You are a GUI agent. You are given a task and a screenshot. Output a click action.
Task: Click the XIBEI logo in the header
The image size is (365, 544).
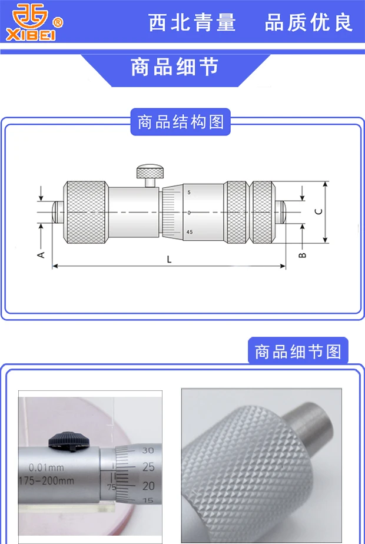pyautogui.click(x=33, y=22)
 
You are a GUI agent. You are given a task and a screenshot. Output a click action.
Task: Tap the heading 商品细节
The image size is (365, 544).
pyautogui.click(x=174, y=67)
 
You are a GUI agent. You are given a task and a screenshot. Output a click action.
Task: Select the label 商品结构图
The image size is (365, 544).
pyautogui.click(x=180, y=122)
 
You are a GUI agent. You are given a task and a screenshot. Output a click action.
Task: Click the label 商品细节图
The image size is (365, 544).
pyautogui.click(x=298, y=351)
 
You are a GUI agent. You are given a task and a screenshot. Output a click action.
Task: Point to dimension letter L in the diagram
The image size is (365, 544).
pyautogui.click(x=169, y=260)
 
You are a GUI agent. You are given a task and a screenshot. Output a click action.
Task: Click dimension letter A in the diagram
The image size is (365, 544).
pyautogui.click(x=41, y=254)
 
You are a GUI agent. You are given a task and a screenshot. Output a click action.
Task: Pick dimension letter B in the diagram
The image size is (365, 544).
pyautogui.click(x=302, y=255)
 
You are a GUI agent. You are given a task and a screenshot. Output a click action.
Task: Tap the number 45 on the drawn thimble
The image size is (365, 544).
pyautogui.click(x=189, y=232)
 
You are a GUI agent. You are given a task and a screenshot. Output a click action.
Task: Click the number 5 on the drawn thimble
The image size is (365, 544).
pyautogui.click(x=189, y=193)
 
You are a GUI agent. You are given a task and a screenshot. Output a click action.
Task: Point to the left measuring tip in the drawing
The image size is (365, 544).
pyautogui.click(x=58, y=212)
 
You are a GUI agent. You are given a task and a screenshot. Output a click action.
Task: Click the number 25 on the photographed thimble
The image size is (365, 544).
pyautogui.click(x=148, y=467)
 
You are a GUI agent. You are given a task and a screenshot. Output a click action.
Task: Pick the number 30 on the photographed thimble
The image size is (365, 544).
pyautogui.click(x=148, y=450)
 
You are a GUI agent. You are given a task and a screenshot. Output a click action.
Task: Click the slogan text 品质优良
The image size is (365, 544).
pyautogui.click(x=308, y=22)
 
